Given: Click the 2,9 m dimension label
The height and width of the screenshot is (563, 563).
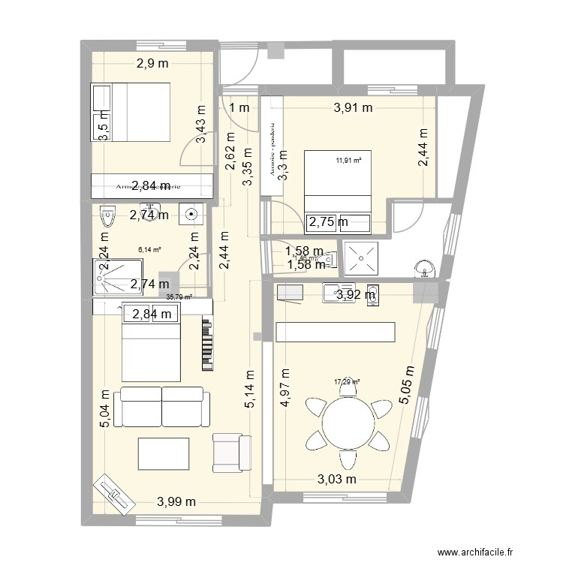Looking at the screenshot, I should [x=153, y=65].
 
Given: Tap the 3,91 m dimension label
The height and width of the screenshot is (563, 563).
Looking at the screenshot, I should [x=352, y=107].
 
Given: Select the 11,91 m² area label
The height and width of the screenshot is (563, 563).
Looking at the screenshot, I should [x=348, y=160].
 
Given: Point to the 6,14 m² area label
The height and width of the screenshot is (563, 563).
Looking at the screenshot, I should [x=150, y=251].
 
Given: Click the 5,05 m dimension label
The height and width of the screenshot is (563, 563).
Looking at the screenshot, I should [x=408, y=386].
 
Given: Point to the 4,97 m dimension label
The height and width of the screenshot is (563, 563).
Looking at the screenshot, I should [x=285, y=387].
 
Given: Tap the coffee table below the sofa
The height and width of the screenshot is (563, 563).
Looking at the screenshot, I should [x=163, y=455].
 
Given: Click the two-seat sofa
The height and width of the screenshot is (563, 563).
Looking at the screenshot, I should [x=162, y=406].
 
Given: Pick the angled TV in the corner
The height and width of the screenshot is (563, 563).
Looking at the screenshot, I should [x=114, y=495].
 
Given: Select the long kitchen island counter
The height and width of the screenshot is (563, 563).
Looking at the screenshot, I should [x=335, y=332].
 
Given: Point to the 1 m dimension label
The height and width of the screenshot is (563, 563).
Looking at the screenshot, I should [x=239, y=108].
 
